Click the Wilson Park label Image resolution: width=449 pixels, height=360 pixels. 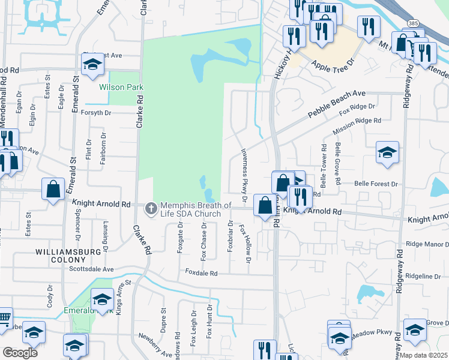(x=121, y=87)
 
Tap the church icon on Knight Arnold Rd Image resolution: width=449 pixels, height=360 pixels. (x=151, y=208)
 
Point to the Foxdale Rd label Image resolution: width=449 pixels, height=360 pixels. (x=201, y=272)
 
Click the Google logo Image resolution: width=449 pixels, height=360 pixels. (x=20, y=352)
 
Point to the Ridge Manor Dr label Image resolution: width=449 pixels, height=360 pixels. (x=427, y=244)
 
